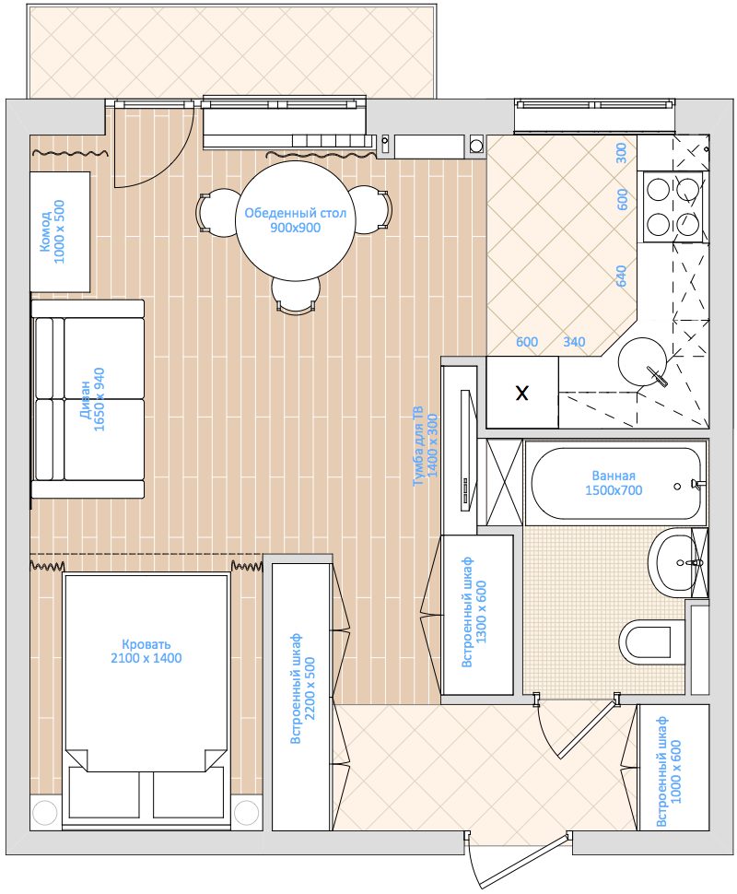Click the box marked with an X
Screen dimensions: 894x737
point(521,394)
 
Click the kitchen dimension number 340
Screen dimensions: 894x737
point(573,342)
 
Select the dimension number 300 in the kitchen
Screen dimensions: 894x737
point(620,154)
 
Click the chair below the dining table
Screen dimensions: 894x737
point(294,297)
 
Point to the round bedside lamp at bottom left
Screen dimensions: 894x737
point(45,812)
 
